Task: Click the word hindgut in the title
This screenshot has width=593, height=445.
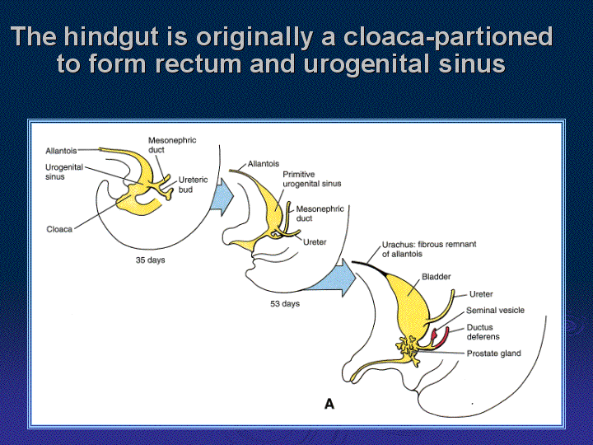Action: [110, 37]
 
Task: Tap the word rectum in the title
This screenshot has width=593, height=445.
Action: [198, 63]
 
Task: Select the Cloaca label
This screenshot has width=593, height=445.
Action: [59, 229]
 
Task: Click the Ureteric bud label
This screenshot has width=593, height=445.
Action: [193, 185]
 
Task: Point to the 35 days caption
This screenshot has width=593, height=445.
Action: [151, 260]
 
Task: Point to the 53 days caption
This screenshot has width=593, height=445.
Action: [285, 304]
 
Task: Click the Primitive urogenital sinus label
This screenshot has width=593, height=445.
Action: [312, 179]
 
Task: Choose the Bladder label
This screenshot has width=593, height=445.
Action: [436, 277]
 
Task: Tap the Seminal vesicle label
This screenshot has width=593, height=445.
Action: [495, 311]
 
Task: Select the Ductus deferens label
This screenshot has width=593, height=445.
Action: [483, 332]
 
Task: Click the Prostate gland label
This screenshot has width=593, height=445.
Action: [493, 354]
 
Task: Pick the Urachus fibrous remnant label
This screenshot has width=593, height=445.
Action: [429, 249]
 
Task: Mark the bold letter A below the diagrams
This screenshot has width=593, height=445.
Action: [329, 404]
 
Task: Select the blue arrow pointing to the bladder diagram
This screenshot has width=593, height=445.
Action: [333, 279]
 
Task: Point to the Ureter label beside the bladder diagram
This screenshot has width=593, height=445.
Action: [481, 294]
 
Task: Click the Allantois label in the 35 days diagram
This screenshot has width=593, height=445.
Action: [61, 151]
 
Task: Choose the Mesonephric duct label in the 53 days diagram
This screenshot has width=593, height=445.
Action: [320, 213]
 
